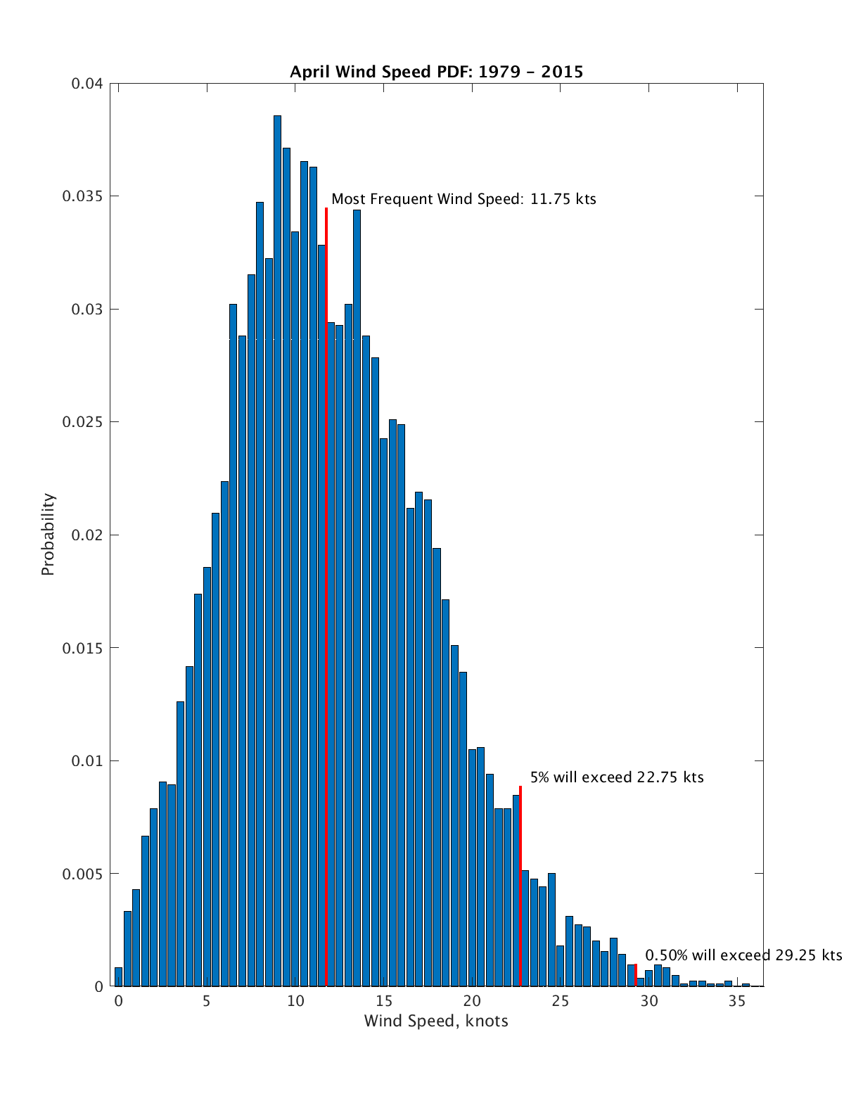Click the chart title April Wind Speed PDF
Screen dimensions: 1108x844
[x=436, y=71]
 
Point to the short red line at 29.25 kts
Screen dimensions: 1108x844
[x=636, y=975]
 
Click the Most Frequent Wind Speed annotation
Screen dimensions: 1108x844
[x=463, y=199]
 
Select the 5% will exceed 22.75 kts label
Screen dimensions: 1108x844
[x=616, y=777]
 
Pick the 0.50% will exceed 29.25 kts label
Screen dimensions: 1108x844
[x=743, y=955]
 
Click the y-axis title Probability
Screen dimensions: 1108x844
[x=48, y=535]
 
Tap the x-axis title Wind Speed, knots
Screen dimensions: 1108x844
[x=436, y=1021]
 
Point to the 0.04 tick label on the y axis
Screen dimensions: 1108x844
[x=87, y=84]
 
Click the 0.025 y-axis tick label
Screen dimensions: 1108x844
[x=83, y=422]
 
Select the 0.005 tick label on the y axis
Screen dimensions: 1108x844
[x=83, y=874]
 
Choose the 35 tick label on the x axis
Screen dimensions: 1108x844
[x=736, y=1001]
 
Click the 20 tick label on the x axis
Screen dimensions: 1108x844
[x=471, y=1001]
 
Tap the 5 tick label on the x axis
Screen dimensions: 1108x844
[x=206, y=1001]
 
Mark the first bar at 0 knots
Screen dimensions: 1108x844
[x=118, y=977]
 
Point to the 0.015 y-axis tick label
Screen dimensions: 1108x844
[x=83, y=648]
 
